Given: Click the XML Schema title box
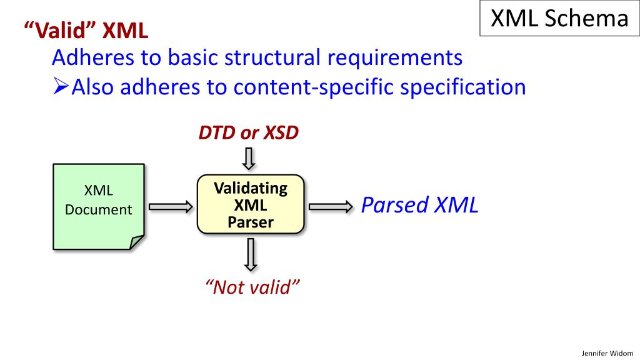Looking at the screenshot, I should click(559, 19).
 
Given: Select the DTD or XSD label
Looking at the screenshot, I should click(249, 133).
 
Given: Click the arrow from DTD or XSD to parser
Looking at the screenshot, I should click(249, 157).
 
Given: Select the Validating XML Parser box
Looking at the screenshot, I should click(251, 205).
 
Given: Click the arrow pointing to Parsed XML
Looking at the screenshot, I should click(331, 206).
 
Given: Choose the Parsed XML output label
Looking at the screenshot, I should click(420, 205).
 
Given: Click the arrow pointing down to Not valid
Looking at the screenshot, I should click(250, 255).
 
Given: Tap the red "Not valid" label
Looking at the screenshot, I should click(252, 287).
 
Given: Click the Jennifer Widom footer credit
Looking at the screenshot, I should click(607, 352).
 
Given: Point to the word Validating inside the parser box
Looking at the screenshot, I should click(251, 188).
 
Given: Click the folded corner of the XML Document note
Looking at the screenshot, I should click(137, 242).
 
